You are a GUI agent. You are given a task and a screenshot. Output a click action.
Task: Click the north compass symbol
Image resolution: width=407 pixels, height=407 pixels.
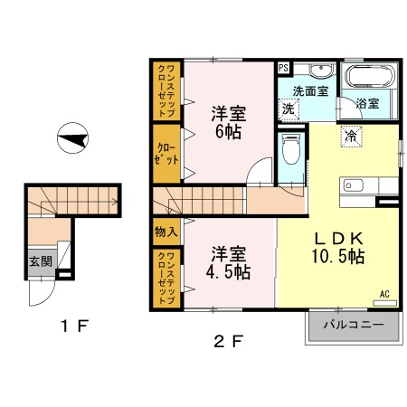pos(72,137)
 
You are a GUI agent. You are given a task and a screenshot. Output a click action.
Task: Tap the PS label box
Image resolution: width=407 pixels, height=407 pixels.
pos(283,68)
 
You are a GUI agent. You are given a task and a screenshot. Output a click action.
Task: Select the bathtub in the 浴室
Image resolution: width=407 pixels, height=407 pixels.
pos(370,76)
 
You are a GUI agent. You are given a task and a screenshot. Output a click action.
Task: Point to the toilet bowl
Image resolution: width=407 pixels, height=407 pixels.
pos(291,149)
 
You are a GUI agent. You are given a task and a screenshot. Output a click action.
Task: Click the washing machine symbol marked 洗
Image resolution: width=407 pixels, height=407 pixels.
pos(289,109)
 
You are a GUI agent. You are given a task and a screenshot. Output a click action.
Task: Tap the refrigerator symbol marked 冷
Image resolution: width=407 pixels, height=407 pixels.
pos(351,137)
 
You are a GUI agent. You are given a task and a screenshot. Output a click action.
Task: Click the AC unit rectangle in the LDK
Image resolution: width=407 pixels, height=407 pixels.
pos(384,303)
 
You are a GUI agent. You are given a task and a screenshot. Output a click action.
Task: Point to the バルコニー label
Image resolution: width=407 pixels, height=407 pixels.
pos(354,325)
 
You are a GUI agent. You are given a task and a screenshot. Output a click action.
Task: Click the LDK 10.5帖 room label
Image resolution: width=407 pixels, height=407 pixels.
pos(338,248)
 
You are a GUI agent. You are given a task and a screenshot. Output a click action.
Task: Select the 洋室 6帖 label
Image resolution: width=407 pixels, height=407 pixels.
pos(229,122)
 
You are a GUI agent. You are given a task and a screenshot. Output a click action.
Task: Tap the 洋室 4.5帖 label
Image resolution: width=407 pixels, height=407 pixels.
pos(229,262)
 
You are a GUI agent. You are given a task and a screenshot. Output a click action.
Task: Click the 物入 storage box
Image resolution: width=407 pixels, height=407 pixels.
pos(166,232)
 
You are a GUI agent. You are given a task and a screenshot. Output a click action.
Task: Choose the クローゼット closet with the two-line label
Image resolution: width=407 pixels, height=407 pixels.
pos(166,154)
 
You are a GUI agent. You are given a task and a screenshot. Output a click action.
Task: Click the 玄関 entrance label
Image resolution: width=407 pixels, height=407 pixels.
pos(41,261)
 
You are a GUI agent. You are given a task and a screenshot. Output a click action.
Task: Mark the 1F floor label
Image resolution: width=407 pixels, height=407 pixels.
pos(74,326)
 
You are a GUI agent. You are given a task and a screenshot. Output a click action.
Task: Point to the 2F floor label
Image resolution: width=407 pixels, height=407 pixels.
pos(228,342)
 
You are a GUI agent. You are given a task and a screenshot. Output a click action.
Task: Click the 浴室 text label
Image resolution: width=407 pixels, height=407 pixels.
pos(367,103)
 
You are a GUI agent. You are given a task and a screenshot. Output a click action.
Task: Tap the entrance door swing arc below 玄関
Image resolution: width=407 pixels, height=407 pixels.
pos(47,299)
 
